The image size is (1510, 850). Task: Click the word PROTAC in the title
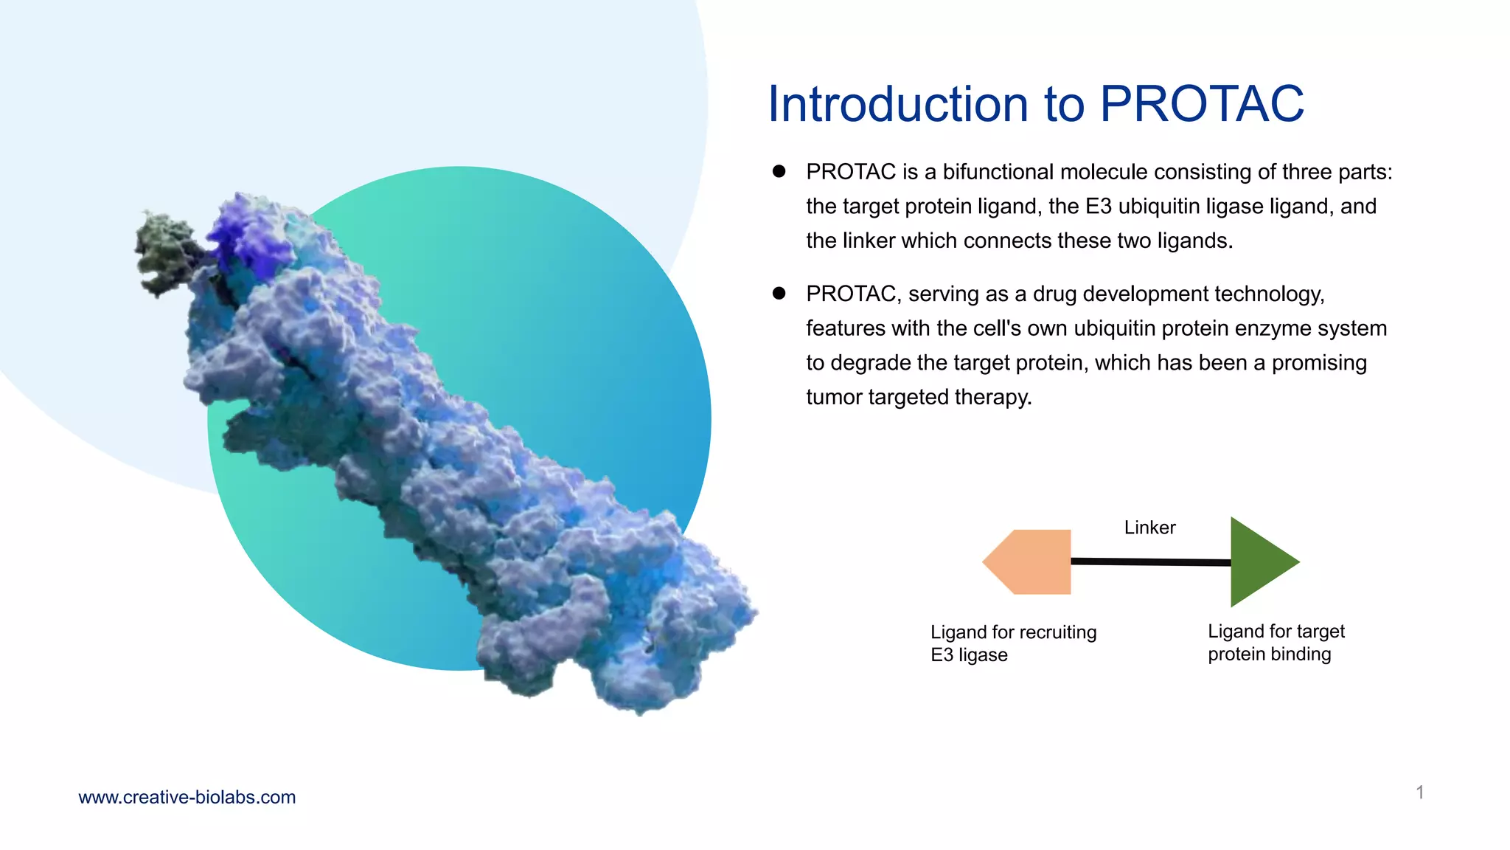tap(1202, 104)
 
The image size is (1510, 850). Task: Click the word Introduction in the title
tap(897, 104)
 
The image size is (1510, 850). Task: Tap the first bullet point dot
tap(779, 171)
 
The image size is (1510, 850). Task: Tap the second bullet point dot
tap(779, 293)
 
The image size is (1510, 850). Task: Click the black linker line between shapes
tap(1150, 562)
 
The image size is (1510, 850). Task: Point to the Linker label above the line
tap(1149, 528)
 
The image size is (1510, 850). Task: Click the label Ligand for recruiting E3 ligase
tap(1012, 643)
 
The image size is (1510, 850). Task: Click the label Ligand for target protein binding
tap(1276, 642)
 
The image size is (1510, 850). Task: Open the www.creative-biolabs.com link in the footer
tap(187, 797)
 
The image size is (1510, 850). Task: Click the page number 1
tap(1419, 792)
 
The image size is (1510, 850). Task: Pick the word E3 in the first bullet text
tap(1098, 207)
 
